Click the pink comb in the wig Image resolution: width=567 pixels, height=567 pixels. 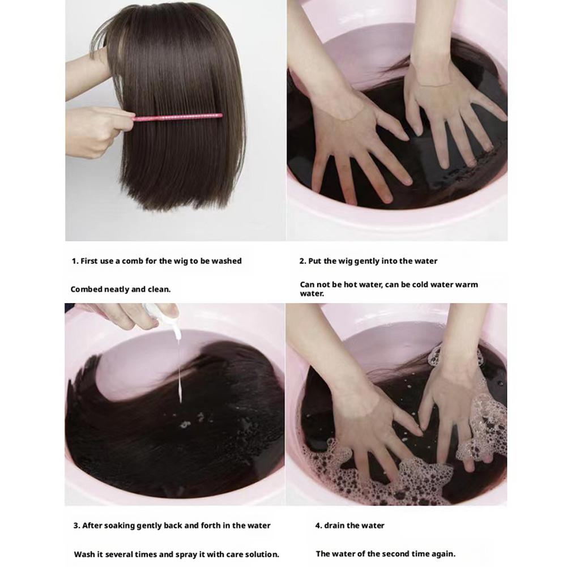[x=177, y=117]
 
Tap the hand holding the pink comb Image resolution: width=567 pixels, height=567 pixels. [x=97, y=131]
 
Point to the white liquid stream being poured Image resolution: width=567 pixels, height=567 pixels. [x=180, y=369]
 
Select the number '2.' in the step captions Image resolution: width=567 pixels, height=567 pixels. [x=302, y=261]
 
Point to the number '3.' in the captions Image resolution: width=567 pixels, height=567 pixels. [x=76, y=526]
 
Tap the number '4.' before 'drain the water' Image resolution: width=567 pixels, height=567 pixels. [x=318, y=526]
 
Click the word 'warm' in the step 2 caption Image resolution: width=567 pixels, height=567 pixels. [x=466, y=284]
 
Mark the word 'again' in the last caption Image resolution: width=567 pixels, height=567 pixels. [x=445, y=554]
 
